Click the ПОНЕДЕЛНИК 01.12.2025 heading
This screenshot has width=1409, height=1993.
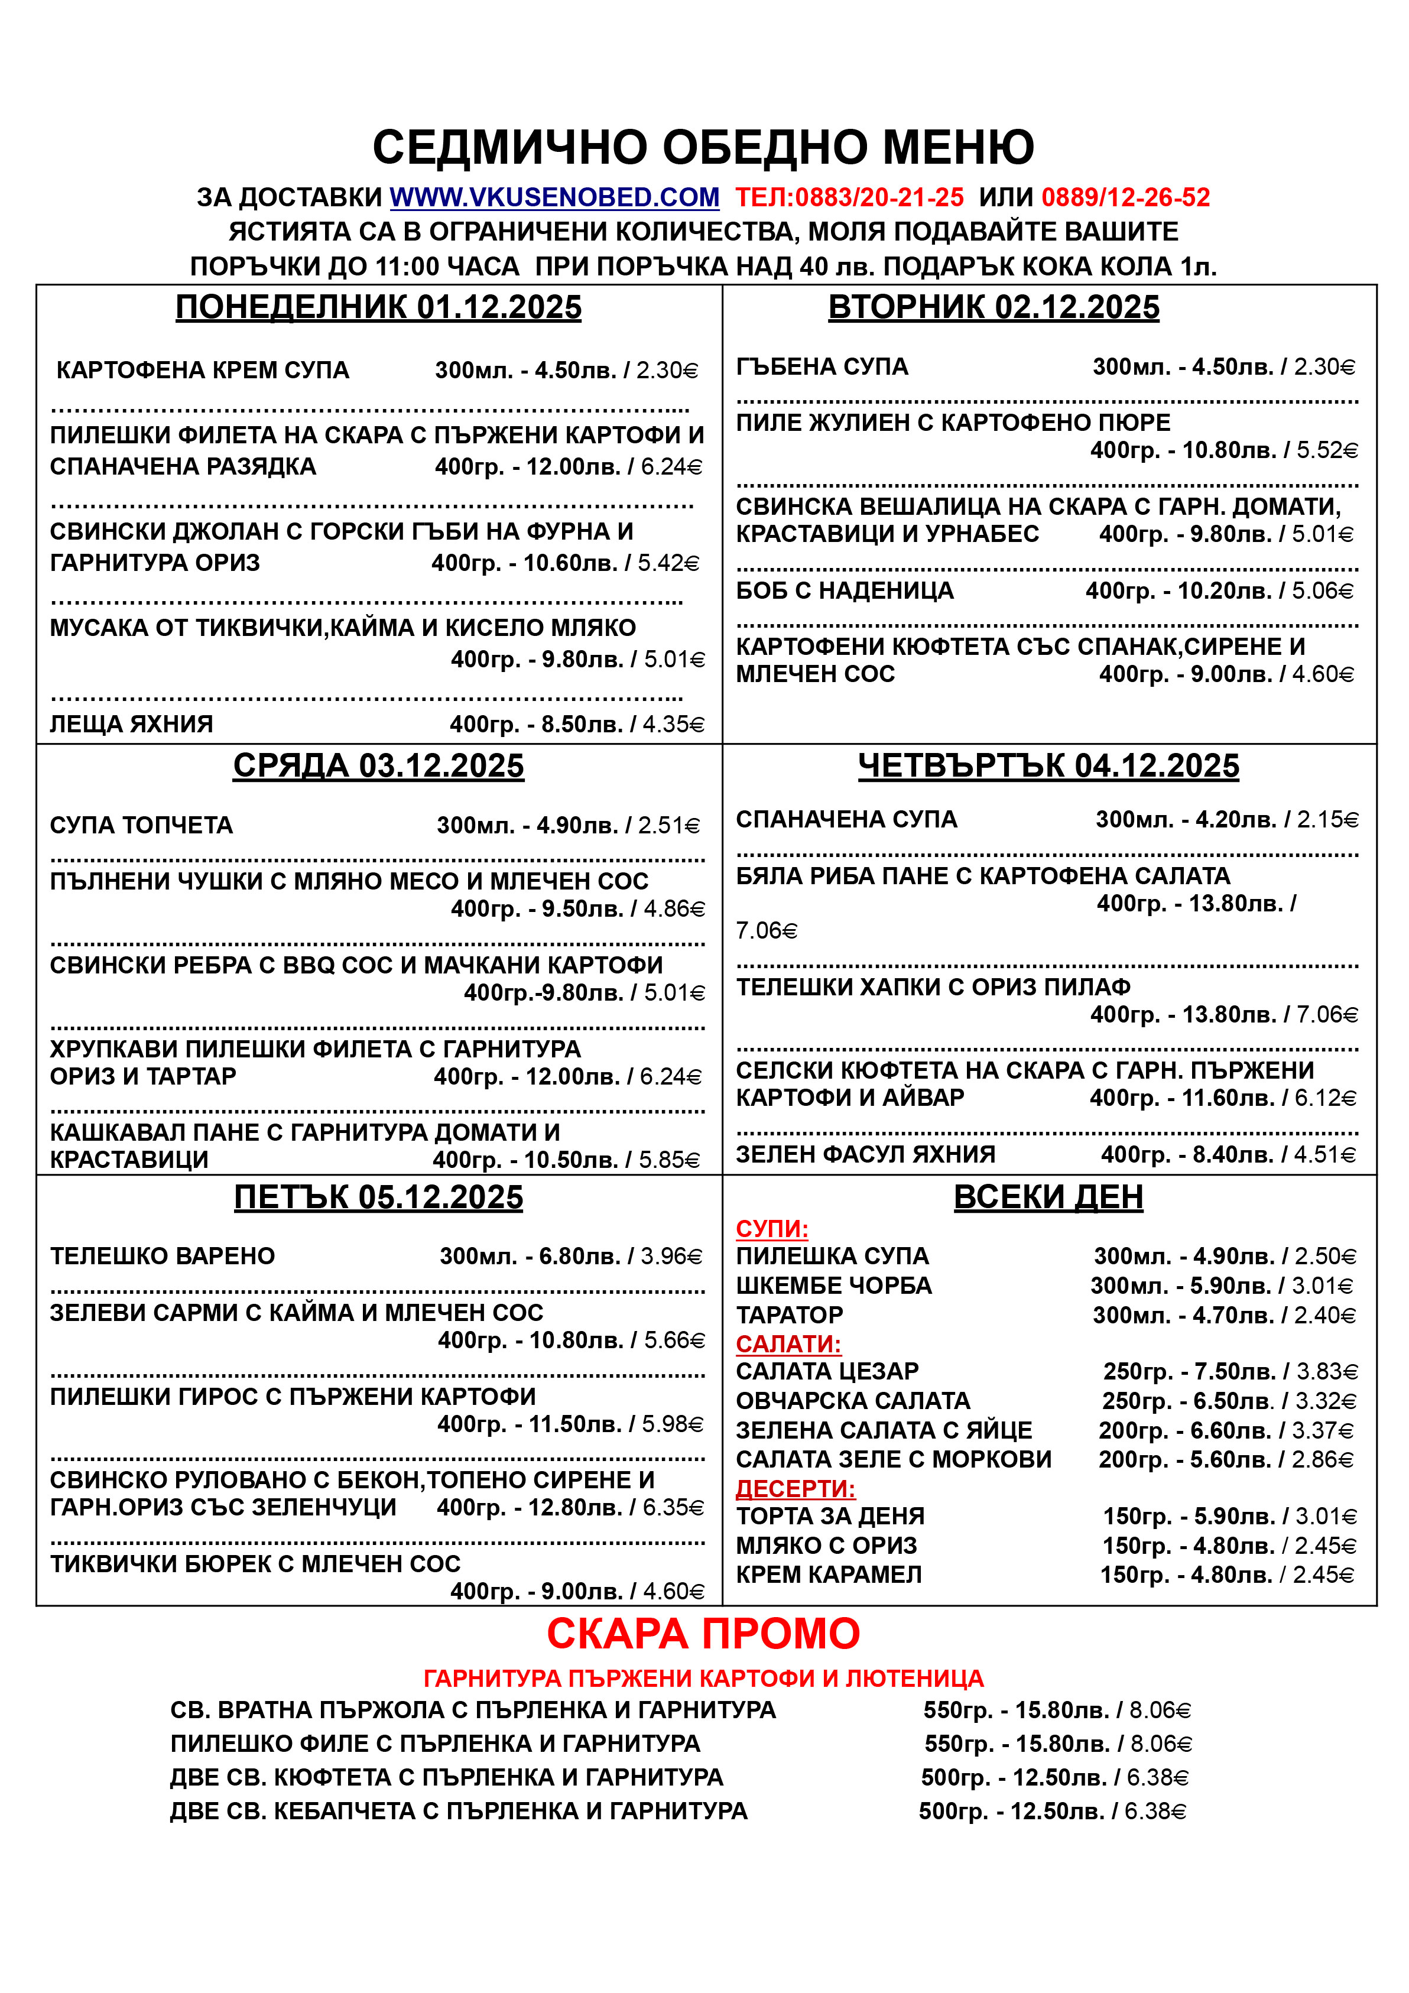pos(378,307)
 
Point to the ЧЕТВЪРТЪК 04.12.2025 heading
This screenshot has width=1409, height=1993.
pos(1048,765)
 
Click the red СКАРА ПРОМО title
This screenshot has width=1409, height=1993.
pos(703,1634)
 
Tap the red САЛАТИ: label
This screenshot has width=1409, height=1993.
pos(788,1343)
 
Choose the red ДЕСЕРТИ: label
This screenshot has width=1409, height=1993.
pos(795,1489)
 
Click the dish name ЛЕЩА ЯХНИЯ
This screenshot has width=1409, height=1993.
pos(131,724)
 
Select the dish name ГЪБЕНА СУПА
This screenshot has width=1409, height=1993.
pos(822,367)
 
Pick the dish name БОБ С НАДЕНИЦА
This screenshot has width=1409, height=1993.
pos(844,591)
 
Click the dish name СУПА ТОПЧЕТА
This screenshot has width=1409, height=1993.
pos(141,826)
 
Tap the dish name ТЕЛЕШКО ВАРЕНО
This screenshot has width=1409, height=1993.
pos(163,1256)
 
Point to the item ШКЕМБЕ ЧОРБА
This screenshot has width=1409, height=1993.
pos(833,1286)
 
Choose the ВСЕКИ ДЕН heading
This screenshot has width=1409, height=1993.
pos(1048,1197)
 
